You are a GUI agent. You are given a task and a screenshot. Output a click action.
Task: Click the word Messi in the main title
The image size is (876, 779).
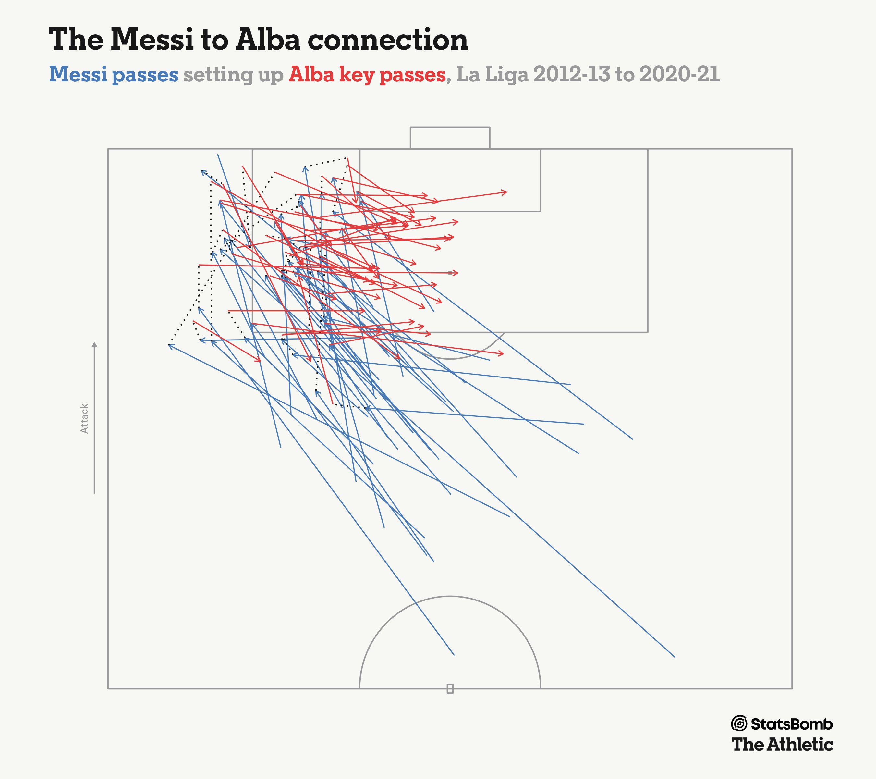pos(152,40)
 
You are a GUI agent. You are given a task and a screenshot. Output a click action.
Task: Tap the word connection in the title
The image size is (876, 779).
pos(388,40)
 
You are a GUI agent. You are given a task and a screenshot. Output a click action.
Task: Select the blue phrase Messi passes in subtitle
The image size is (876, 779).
pos(114,75)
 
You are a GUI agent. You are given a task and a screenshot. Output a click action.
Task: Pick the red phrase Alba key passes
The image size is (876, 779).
pos(367,75)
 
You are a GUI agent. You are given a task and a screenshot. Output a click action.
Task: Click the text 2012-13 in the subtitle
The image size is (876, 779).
pos(571,75)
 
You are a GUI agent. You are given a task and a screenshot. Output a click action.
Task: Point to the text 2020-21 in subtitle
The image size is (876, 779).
pos(679,75)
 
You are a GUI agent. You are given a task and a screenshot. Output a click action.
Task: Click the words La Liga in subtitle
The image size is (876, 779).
pos(492,75)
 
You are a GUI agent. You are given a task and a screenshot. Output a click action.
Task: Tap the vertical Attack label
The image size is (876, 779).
pos(84,418)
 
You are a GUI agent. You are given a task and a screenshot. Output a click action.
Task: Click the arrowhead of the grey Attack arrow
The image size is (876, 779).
pos(95,345)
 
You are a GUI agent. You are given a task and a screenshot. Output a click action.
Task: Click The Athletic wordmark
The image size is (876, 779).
pos(782,745)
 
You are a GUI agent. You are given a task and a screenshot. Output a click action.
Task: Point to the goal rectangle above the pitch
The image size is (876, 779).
pos(450,138)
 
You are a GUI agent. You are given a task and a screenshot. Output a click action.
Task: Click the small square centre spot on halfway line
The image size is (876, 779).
pos(450,688)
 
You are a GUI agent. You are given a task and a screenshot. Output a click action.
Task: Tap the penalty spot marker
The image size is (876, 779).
pos(450,273)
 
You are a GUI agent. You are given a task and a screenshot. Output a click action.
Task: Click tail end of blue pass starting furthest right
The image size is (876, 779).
pos(675,656)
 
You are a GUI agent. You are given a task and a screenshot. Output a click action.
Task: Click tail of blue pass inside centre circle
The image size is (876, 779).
pos(454,655)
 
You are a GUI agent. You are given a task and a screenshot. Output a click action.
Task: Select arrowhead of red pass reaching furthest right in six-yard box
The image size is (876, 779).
pos(506,192)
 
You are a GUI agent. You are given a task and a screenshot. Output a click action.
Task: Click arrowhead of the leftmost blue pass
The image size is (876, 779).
pos(169,345)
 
